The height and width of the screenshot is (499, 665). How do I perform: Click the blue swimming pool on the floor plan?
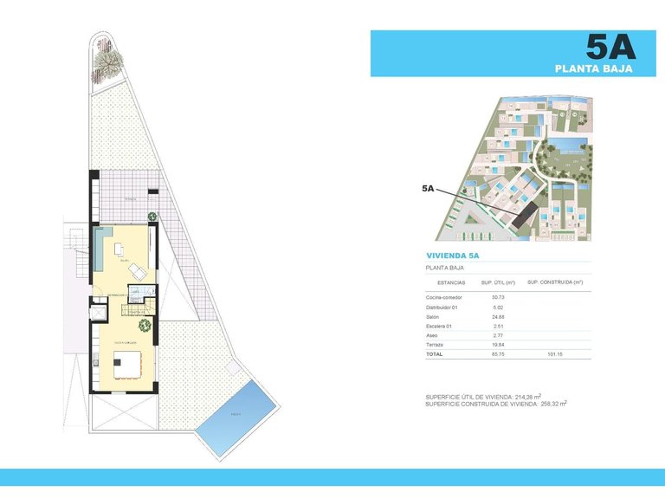tap(236, 415)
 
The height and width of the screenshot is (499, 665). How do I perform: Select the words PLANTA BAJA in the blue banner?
tap(593, 67)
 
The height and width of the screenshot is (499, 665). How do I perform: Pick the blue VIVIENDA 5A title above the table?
tap(453, 256)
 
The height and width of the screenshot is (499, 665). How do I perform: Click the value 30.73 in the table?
tap(497, 298)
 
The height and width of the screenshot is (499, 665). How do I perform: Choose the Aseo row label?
tap(432, 334)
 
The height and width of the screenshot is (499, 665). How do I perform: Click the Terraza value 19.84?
tap(497, 344)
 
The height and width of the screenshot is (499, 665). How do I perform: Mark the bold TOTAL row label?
tap(435, 353)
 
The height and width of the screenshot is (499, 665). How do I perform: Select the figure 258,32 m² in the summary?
tap(555, 404)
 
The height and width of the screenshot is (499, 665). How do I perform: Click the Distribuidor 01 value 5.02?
tap(497, 308)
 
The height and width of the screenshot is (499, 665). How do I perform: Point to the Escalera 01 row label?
tap(439, 326)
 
